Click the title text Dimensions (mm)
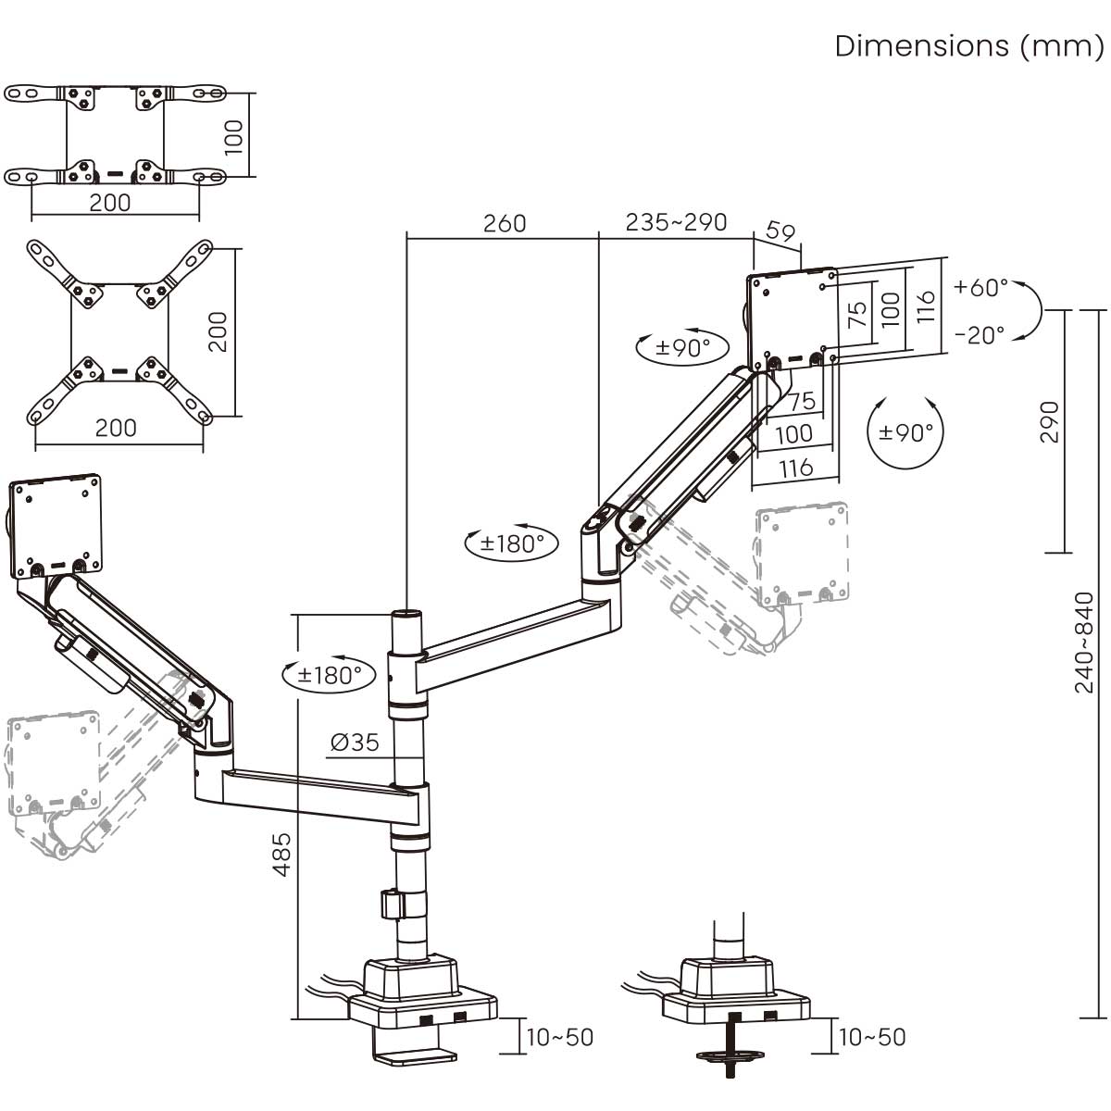coord(968,45)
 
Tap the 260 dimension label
coord(505,223)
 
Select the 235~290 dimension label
coord(676,222)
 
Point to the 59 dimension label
coord(781,231)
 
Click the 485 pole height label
coord(281,854)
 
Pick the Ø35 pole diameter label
coord(355,742)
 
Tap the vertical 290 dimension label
coord(1048,422)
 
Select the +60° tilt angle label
coord(981,287)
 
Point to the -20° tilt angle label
coord(980,335)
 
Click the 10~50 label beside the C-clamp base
coord(559,1037)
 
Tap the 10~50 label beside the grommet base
coord(871,1037)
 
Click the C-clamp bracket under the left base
coord(412,1054)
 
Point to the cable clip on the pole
coord(393,904)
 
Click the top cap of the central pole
coord(406,614)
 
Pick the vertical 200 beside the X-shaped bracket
coord(217,331)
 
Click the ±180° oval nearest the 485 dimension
coord(330,674)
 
